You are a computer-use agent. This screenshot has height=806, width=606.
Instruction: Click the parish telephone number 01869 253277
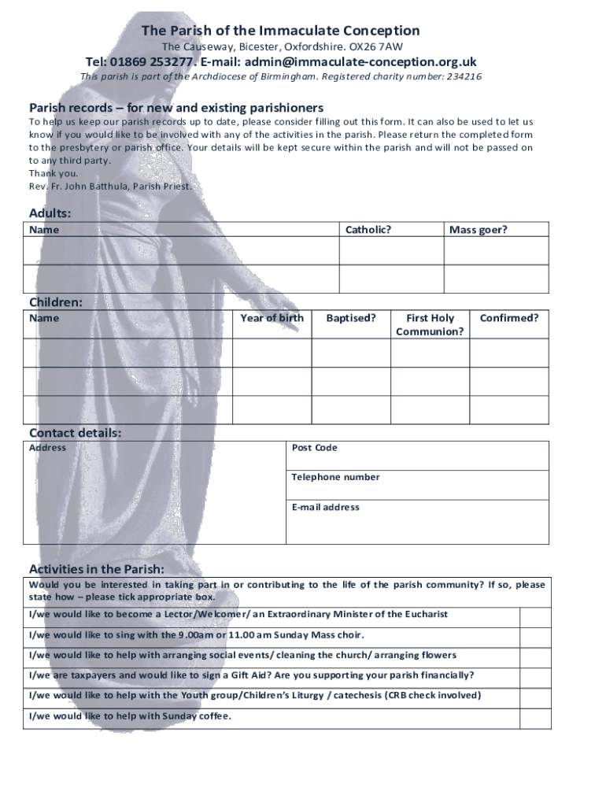click(152, 62)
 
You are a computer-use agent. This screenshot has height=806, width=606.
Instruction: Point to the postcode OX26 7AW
click(382, 46)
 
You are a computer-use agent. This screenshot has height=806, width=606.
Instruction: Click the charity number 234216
click(464, 76)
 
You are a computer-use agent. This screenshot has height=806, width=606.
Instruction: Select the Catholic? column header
click(368, 230)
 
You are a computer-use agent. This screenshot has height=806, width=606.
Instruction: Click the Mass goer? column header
click(478, 230)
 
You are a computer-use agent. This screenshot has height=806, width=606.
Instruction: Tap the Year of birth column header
click(272, 318)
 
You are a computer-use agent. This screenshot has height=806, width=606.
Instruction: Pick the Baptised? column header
click(351, 318)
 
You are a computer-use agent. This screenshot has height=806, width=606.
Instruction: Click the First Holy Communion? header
click(430, 324)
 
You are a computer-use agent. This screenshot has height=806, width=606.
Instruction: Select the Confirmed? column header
click(509, 318)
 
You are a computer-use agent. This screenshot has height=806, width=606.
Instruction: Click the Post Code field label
click(314, 448)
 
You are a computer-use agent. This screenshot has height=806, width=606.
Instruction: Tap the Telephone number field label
click(335, 477)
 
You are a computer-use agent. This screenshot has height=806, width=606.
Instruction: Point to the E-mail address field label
click(325, 507)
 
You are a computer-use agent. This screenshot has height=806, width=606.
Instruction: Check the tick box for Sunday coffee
click(535, 718)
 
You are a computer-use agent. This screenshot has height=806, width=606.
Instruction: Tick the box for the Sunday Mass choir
click(535, 637)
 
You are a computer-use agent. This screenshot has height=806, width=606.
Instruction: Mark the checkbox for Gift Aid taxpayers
click(535, 677)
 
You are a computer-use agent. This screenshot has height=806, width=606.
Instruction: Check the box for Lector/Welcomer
click(535, 616)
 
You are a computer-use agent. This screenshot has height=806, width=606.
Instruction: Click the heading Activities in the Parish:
click(97, 568)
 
